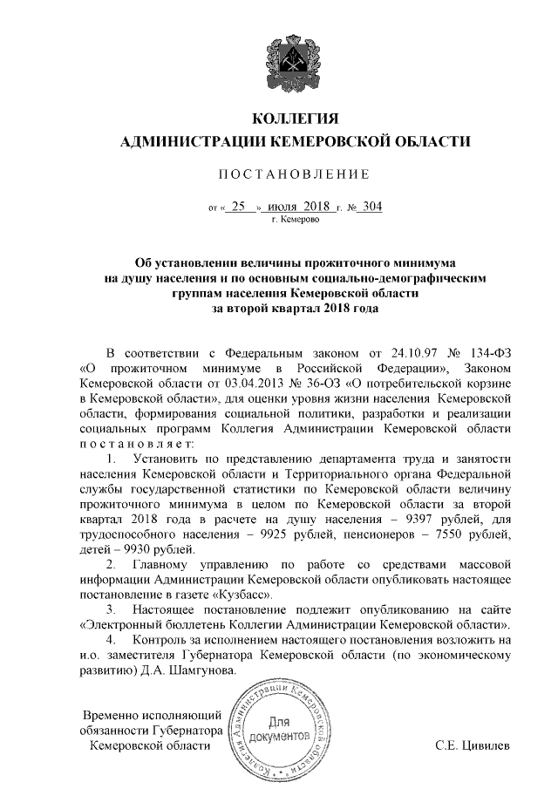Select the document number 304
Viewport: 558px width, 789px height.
[372, 207]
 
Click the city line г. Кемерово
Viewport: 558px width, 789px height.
[296, 221]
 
